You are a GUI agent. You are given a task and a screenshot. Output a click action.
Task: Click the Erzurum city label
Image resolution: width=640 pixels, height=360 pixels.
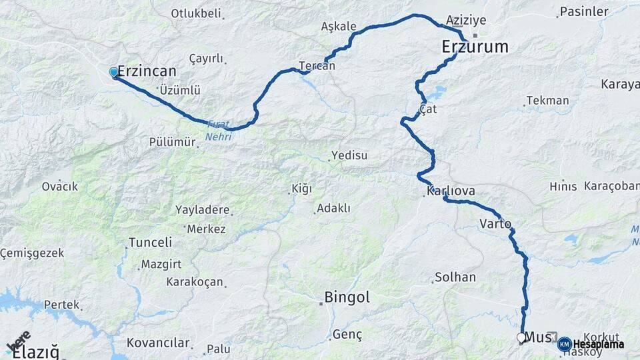[x=475, y=47]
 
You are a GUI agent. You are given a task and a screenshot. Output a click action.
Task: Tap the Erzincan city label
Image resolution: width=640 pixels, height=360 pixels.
[x=147, y=71]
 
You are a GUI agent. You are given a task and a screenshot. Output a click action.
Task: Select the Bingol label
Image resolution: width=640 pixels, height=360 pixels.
[x=347, y=297]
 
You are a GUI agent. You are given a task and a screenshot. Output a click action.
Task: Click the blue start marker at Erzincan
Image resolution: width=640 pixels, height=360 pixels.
[x=114, y=72]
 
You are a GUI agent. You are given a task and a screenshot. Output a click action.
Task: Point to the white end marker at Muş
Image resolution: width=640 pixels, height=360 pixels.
[x=521, y=338]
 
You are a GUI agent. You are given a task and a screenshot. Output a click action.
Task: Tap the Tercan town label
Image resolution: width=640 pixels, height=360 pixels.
[x=317, y=66]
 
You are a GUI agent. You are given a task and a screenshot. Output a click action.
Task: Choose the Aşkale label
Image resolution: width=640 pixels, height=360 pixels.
[x=339, y=27]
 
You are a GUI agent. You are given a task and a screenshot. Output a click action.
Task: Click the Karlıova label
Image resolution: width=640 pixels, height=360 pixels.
[x=451, y=191]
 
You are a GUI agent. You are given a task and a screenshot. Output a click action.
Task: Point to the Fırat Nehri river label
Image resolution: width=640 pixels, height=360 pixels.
[x=219, y=130]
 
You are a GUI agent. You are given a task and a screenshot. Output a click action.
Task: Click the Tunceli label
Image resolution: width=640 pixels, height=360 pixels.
[x=150, y=242]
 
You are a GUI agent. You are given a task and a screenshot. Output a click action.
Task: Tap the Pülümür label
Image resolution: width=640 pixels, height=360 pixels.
[x=173, y=142]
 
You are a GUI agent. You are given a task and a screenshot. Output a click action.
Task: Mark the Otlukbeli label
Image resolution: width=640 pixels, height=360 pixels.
[x=196, y=13]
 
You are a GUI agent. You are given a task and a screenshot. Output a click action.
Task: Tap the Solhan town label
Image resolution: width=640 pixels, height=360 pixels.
[x=455, y=277]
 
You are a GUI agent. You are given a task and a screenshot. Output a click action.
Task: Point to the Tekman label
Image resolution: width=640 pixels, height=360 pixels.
[x=547, y=101]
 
